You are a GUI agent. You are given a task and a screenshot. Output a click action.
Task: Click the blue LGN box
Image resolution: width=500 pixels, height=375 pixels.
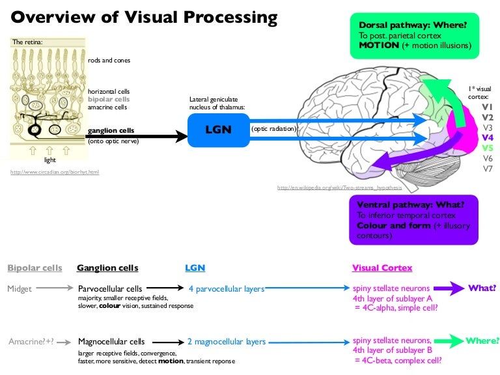217,129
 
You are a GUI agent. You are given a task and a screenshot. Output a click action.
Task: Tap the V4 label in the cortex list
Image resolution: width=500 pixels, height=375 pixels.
488,138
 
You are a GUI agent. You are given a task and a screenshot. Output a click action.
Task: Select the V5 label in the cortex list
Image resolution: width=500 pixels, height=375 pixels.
488,148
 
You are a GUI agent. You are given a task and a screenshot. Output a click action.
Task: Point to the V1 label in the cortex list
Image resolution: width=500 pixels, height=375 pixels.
488,107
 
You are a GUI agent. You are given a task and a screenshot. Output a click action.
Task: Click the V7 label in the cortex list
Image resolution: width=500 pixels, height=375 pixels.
488,169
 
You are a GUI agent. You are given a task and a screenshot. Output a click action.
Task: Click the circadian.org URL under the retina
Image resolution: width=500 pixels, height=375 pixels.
55,173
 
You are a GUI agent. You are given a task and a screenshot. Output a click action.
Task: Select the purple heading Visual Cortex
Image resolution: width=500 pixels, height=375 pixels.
382,268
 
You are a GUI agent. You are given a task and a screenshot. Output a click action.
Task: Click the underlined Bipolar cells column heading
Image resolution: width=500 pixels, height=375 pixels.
35,268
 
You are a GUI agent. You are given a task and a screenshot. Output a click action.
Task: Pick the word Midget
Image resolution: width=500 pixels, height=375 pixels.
20,288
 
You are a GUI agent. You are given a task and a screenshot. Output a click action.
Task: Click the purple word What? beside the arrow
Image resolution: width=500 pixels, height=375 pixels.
482,288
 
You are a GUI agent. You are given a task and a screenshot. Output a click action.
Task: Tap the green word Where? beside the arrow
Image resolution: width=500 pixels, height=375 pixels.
482,340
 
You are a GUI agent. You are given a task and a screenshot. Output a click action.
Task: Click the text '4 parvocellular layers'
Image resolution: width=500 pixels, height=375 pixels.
227,288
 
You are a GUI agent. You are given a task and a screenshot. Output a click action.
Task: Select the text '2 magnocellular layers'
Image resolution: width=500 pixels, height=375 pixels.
227,341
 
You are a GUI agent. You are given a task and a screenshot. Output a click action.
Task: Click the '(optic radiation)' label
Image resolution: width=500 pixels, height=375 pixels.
274,129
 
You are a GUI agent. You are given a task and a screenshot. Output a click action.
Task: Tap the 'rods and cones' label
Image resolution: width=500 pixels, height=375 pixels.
109,61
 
